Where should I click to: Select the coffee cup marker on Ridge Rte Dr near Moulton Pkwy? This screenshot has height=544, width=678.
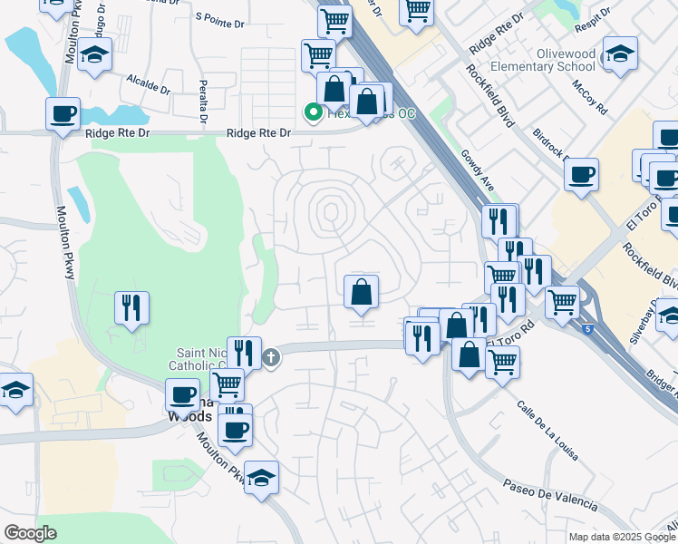63,114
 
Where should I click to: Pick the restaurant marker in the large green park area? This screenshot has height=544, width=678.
131,308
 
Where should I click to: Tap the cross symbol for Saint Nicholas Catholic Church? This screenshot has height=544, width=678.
270,358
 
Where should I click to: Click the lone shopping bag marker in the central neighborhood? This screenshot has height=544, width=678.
361,292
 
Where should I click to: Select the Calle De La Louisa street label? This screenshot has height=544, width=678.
548,432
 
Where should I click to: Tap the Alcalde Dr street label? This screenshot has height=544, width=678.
149,84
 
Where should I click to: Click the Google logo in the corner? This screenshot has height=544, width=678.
30,533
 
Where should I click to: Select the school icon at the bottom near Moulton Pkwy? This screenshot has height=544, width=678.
261,478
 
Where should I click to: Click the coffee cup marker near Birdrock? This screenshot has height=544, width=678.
580,172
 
